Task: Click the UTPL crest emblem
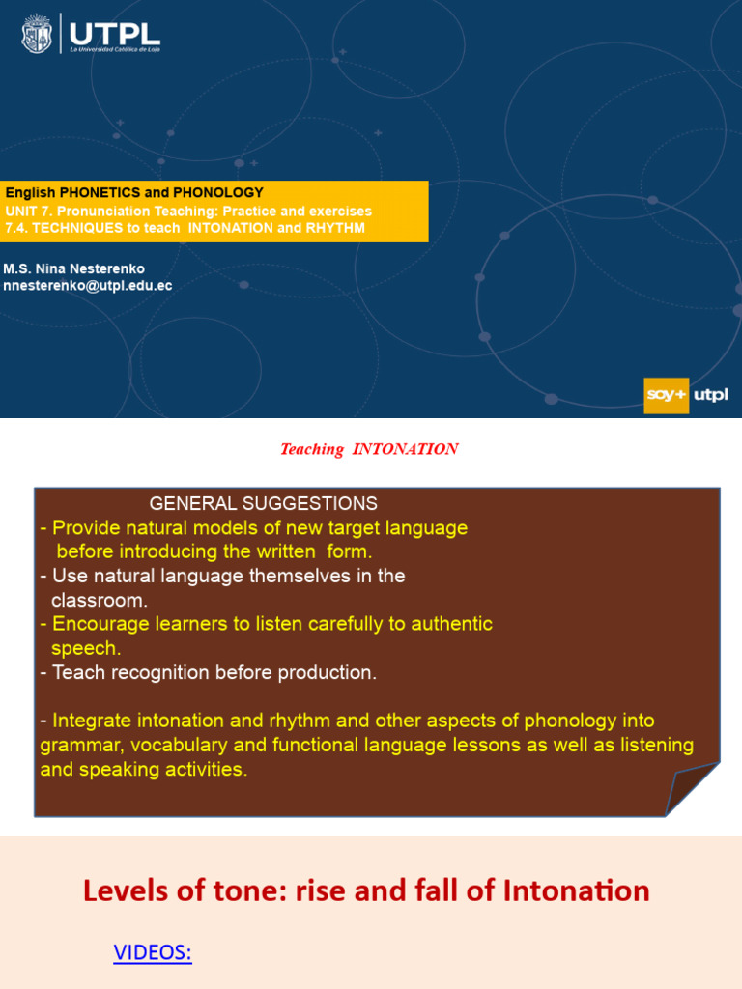coord(37,34)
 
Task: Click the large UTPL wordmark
coord(115,34)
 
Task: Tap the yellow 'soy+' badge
coord(666,395)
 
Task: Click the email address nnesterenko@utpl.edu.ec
coord(88,286)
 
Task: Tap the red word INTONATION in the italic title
coord(405,449)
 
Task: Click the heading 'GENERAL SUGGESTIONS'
coord(263,503)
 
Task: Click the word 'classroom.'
coord(100,600)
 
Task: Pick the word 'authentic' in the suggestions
coord(452,624)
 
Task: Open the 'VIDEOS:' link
coord(153,951)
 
